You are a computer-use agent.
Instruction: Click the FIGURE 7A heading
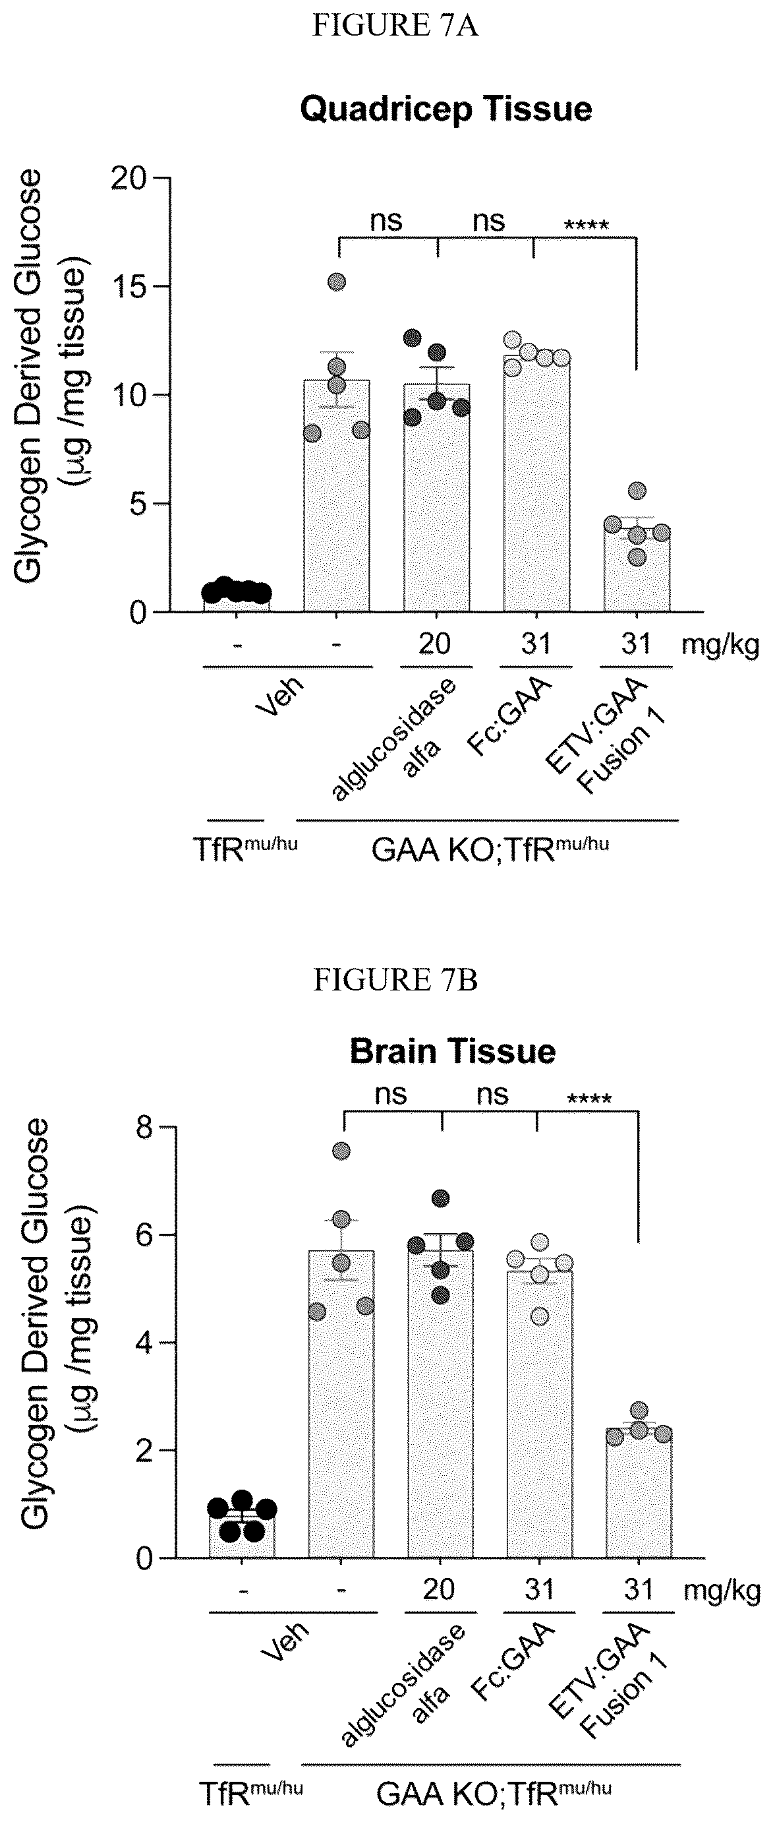[x=395, y=26]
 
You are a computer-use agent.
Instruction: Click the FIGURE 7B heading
[x=395, y=981]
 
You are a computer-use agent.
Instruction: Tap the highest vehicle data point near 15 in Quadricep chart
[x=337, y=282]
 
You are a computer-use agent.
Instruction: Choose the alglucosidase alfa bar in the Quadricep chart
[x=437, y=497]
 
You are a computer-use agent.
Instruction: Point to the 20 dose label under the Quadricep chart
[x=434, y=644]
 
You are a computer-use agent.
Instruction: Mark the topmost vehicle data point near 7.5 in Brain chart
[x=341, y=1151]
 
